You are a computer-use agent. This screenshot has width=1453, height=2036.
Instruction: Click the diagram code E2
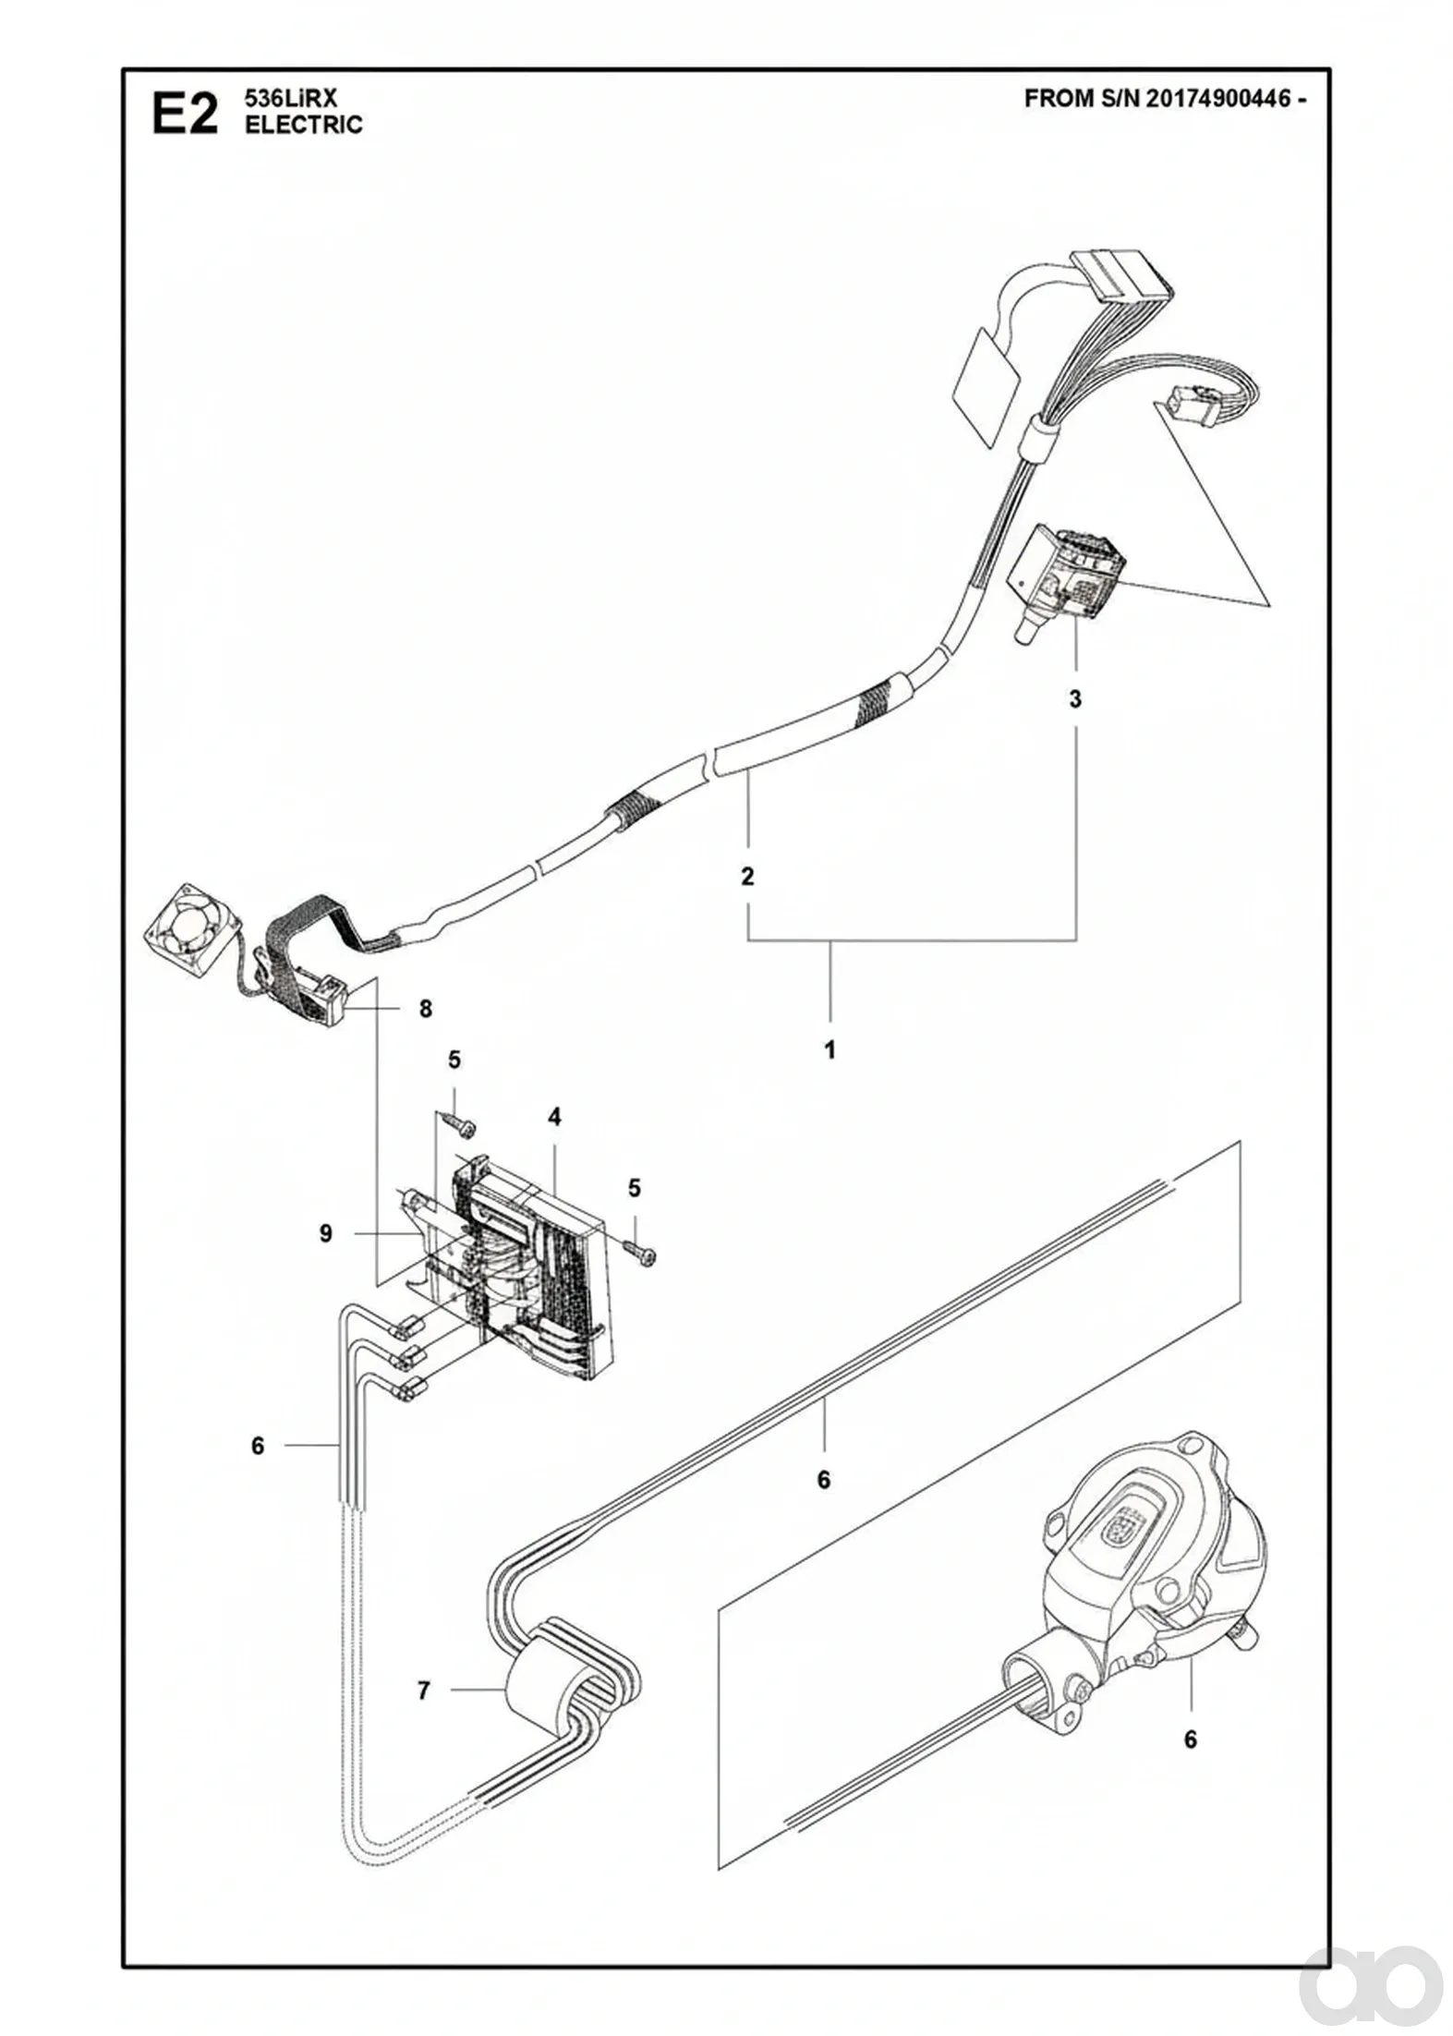pyautogui.click(x=186, y=116)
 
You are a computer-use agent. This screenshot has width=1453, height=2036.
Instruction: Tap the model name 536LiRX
pyautogui.click(x=281, y=101)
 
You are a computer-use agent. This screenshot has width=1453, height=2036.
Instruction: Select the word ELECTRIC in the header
pyautogui.click(x=304, y=125)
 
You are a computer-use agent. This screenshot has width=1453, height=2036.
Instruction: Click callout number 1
pyautogui.click(x=829, y=1050)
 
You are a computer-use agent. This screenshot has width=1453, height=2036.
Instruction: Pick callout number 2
pyautogui.click(x=747, y=875)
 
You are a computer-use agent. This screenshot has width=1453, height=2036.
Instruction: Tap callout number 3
pyautogui.click(x=1075, y=699)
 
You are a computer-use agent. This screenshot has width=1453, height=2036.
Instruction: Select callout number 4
pyautogui.click(x=554, y=1118)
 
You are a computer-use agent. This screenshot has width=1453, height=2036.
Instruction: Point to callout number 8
pyautogui.click(x=426, y=1009)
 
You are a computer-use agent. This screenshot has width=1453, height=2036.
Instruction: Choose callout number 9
pyautogui.click(x=326, y=1233)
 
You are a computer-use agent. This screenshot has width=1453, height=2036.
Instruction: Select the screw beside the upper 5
pyautogui.click(x=459, y=1123)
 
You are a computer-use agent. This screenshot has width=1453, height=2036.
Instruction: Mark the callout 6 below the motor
pyautogui.click(x=1191, y=1766)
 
